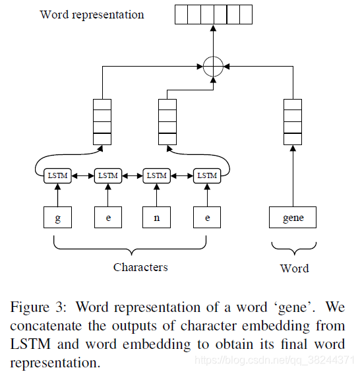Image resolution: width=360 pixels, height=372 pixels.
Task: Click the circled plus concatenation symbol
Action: (x=213, y=67)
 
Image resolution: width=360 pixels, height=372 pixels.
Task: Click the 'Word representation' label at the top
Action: (x=92, y=14)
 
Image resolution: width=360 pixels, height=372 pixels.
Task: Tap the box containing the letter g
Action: (x=58, y=218)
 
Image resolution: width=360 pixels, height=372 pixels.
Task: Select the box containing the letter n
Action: (x=157, y=218)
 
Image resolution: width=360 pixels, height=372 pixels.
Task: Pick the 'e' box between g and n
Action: (x=107, y=218)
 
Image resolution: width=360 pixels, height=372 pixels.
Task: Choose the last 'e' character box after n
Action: (x=207, y=218)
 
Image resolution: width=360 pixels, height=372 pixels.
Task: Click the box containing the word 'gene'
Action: (x=293, y=218)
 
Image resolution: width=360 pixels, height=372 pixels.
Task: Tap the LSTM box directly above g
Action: (x=57, y=175)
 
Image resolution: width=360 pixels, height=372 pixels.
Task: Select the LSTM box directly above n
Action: (x=157, y=175)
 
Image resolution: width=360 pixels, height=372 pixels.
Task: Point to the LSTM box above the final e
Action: (x=207, y=175)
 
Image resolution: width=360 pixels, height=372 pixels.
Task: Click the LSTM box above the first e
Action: (x=107, y=175)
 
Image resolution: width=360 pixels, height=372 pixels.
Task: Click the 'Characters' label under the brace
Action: (x=140, y=267)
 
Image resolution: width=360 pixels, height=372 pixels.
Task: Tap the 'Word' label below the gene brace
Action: (x=294, y=268)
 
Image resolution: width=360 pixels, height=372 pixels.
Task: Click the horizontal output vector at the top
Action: (x=214, y=14)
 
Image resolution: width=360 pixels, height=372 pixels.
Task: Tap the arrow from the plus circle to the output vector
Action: (x=213, y=41)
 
